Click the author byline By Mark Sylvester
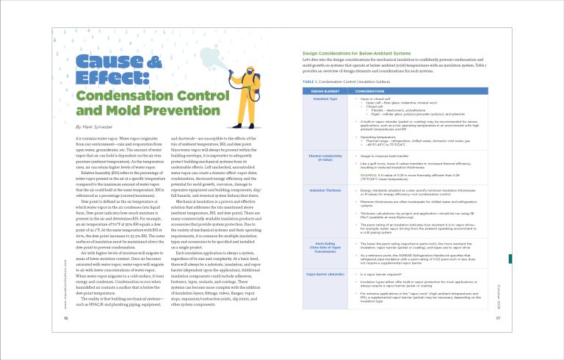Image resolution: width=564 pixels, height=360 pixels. pos(94,127)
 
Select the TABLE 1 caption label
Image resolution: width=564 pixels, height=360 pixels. pos(309,81)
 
